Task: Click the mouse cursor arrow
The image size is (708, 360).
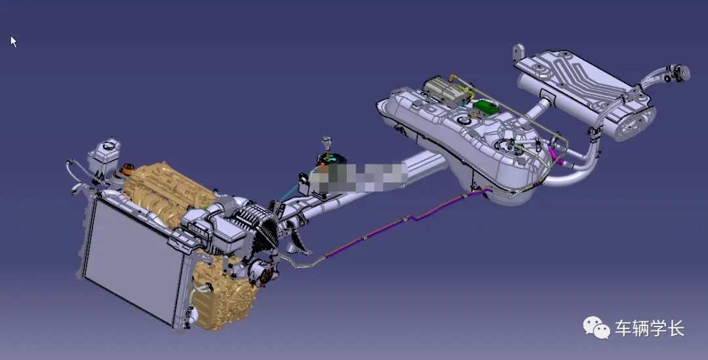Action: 14,41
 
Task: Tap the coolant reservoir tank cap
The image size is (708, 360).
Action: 108,145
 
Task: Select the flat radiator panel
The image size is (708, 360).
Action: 133,260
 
